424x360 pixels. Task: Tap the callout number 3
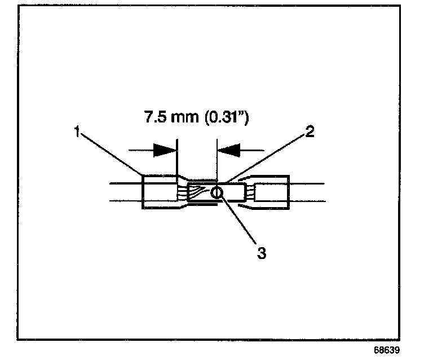point(261,253)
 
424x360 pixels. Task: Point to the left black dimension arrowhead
point(165,150)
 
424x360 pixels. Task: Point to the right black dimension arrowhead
point(229,150)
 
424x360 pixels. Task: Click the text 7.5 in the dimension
point(153,119)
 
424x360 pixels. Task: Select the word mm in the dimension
point(188,119)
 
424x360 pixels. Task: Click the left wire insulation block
point(159,192)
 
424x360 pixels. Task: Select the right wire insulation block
point(272,194)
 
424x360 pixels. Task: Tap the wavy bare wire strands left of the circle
point(198,194)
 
